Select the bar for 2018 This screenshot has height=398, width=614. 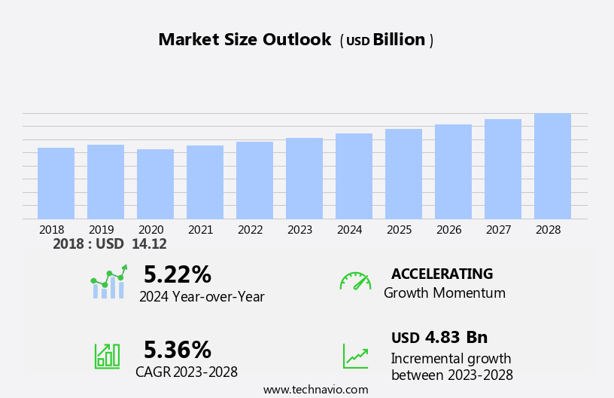click(x=56, y=183)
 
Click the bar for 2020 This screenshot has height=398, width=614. click(x=155, y=184)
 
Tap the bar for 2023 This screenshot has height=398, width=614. click(x=304, y=179)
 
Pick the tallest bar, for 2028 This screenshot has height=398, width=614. click(x=552, y=166)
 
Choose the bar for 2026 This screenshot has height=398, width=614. click(x=453, y=172)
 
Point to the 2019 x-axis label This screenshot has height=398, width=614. click(x=102, y=229)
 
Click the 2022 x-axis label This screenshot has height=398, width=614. click(x=251, y=229)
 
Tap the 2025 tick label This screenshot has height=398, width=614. click(x=400, y=229)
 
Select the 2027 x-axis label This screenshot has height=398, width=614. click(x=499, y=229)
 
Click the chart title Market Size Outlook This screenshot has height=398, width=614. click(x=245, y=40)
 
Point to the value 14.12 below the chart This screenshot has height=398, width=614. click(x=149, y=244)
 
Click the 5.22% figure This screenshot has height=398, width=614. click(x=178, y=274)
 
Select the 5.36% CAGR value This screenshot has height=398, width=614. click(x=178, y=350)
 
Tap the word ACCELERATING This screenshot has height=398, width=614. click(x=442, y=274)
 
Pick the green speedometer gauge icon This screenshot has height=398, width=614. click(x=355, y=281)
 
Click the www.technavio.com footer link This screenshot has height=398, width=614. click(x=316, y=390)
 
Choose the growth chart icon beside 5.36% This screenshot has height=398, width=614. click(x=107, y=355)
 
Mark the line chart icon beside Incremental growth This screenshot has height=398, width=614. click(x=355, y=356)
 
